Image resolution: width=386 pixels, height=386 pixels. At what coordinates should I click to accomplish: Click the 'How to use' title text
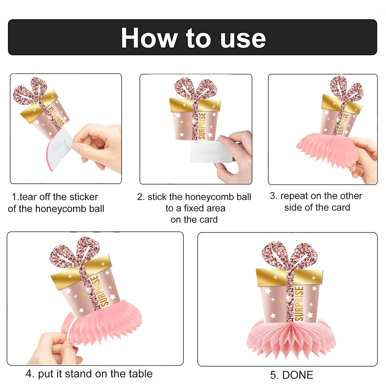point(193,38)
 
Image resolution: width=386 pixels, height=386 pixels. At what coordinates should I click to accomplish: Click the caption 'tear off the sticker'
point(59,197)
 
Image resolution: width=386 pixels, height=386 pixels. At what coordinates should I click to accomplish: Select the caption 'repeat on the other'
point(321,196)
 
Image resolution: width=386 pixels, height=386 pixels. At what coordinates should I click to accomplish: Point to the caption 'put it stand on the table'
point(95,374)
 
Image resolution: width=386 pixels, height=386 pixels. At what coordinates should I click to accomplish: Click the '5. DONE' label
point(292,375)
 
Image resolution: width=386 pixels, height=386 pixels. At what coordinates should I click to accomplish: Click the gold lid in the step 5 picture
point(289,277)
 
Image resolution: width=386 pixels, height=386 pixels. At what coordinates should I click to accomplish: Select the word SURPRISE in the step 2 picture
point(202,126)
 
